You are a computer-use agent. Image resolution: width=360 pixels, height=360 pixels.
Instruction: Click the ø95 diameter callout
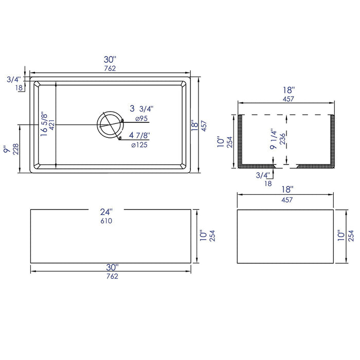coord(141,119)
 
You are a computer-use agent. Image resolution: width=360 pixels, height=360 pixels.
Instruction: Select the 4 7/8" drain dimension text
coord(140,135)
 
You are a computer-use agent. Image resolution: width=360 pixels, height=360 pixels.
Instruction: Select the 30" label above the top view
coord(110,59)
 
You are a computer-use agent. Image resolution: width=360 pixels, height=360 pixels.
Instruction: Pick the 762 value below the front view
coord(111,276)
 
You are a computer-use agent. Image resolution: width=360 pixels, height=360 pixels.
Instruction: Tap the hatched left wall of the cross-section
coord(241,141)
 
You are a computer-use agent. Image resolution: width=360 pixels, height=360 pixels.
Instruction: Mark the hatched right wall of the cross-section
coord(332,141)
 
